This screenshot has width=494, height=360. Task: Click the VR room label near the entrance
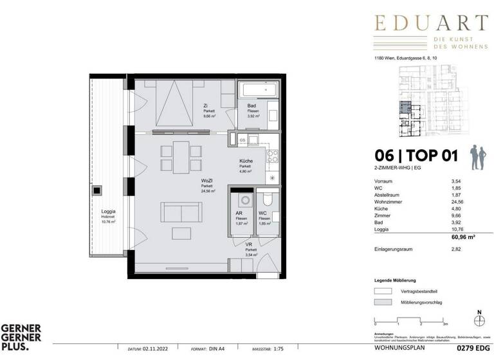248,245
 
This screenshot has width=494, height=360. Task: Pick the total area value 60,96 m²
467,237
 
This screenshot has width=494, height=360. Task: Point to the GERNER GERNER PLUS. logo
21,337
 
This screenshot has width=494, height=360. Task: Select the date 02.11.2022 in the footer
161,350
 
